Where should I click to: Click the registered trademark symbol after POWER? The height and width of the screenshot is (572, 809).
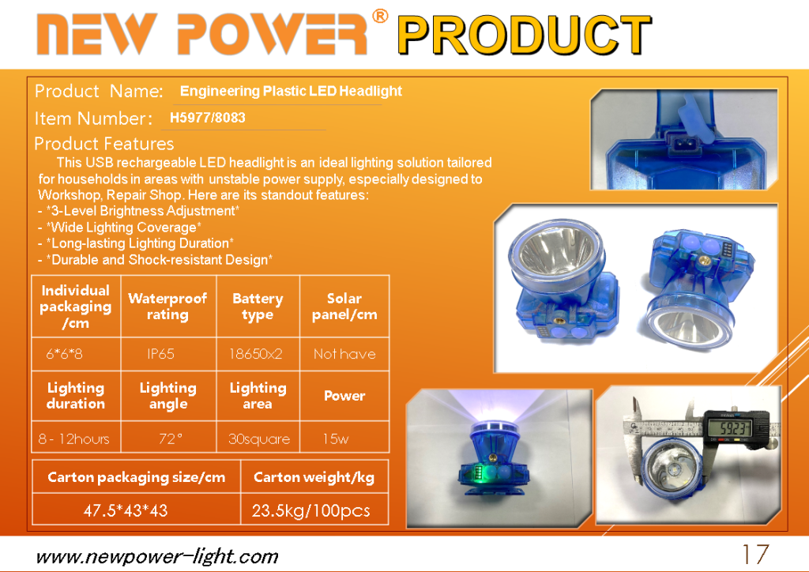pyautogui.click(x=380, y=16)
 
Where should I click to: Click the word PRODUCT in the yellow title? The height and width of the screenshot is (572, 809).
pyautogui.click(x=525, y=35)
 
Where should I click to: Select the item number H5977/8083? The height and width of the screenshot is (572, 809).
pyautogui.click(x=208, y=118)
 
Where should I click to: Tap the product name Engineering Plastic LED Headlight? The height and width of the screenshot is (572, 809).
pyautogui.click(x=291, y=92)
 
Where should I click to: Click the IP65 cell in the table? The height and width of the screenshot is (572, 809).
pyautogui.click(x=160, y=354)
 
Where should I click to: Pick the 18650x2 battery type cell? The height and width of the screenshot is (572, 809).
pyautogui.click(x=256, y=354)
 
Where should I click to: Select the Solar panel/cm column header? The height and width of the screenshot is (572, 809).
pyautogui.click(x=344, y=307)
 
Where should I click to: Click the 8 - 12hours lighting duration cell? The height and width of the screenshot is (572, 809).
pyautogui.click(x=73, y=439)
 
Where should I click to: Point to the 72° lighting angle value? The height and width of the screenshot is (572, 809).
pyautogui.click(x=171, y=439)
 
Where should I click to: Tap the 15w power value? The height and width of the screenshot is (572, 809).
pyautogui.click(x=335, y=439)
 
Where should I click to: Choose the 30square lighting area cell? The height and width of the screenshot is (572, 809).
pyautogui.click(x=259, y=439)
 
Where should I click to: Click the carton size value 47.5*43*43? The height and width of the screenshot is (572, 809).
pyautogui.click(x=126, y=510)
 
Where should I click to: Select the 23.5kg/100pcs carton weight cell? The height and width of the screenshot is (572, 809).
pyautogui.click(x=310, y=510)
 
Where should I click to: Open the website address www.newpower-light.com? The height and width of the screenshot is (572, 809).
pyautogui.click(x=157, y=557)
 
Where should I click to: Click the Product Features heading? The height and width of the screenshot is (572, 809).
pyautogui.click(x=103, y=143)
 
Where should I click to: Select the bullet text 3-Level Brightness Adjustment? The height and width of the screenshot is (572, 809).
pyautogui.click(x=142, y=211)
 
